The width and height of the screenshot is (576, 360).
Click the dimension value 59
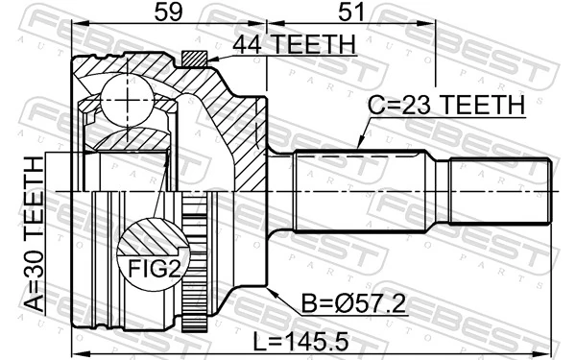click(168, 13)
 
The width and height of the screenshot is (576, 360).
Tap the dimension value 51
click(350, 13)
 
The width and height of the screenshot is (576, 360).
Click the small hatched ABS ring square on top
click(195, 60)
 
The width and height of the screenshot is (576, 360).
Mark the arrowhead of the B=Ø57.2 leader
click(272, 290)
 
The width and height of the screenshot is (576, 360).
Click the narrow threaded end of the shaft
click(500, 192)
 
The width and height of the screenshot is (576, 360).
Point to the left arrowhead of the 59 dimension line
click(77, 26)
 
